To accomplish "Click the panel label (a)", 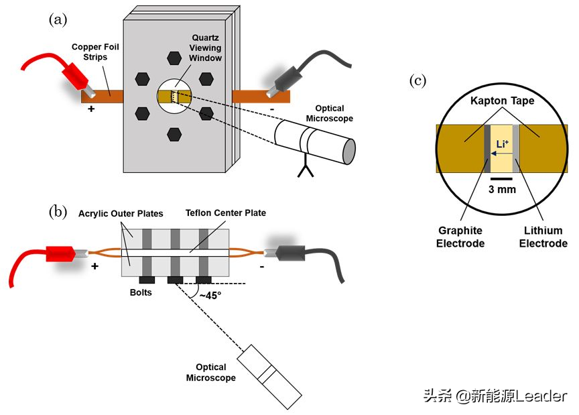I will [x=58, y=19].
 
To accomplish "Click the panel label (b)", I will [x=58, y=212].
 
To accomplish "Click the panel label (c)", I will [x=417, y=81].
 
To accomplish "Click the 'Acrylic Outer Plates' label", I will [x=121, y=214].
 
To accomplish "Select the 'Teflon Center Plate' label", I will [x=226, y=213].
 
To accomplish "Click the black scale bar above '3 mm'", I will [x=501, y=178].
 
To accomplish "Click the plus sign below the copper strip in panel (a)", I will [x=91, y=108].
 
